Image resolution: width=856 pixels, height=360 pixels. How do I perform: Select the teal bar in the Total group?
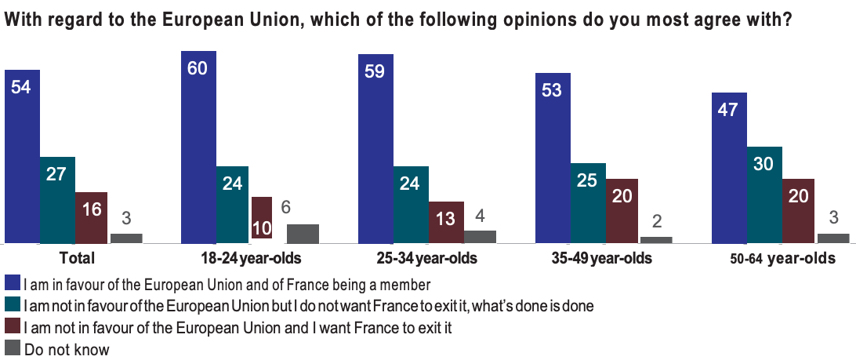[57, 200]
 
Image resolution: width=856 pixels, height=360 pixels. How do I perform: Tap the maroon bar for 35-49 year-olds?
[622, 211]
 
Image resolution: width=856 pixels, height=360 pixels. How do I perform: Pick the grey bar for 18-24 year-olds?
[303, 234]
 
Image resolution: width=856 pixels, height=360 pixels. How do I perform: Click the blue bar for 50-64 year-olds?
[728, 168]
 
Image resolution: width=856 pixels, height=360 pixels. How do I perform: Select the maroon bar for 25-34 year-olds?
[446, 223]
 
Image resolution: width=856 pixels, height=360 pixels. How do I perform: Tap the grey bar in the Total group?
[126, 238]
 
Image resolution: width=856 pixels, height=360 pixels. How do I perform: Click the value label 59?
[375, 71]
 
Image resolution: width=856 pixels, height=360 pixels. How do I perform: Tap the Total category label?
[77, 258]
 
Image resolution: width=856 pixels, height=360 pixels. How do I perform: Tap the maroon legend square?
[12, 327]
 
